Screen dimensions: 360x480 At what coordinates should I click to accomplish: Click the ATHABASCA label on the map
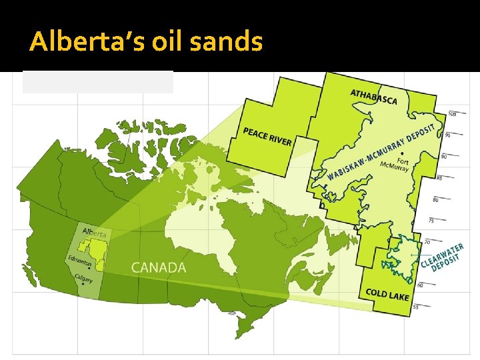[373, 97]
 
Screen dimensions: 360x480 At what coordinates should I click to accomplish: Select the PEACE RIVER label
[267, 137]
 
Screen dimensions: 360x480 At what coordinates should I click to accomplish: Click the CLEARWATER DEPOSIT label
[442, 257]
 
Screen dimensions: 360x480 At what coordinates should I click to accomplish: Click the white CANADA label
[159, 267]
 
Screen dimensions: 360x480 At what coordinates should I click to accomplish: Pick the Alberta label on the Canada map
[94, 232]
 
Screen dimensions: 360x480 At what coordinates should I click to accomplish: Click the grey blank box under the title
[98, 82]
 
